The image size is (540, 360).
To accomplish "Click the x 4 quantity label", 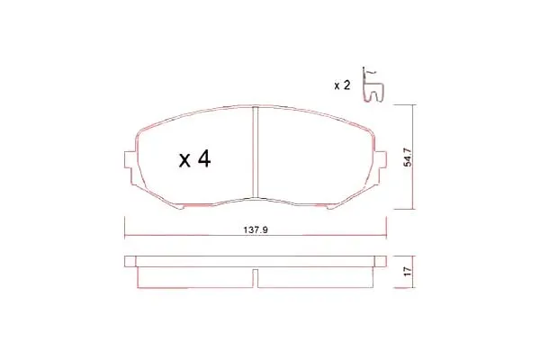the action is click(x=195, y=158).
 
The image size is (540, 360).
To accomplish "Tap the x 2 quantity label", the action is click(x=342, y=85).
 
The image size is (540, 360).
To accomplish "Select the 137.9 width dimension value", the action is click(x=256, y=229).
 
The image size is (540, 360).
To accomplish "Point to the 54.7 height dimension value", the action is click(x=408, y=157).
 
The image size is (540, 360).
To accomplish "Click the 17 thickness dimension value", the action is click(x=408, y=272).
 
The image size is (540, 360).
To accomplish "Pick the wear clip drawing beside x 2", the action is click(x=373, y=85).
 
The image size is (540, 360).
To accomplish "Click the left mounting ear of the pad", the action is click(x=129, y=159).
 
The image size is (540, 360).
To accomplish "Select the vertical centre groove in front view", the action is click(x=256, y=152).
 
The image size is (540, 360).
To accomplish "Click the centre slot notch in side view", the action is click(x=256, y=278).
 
